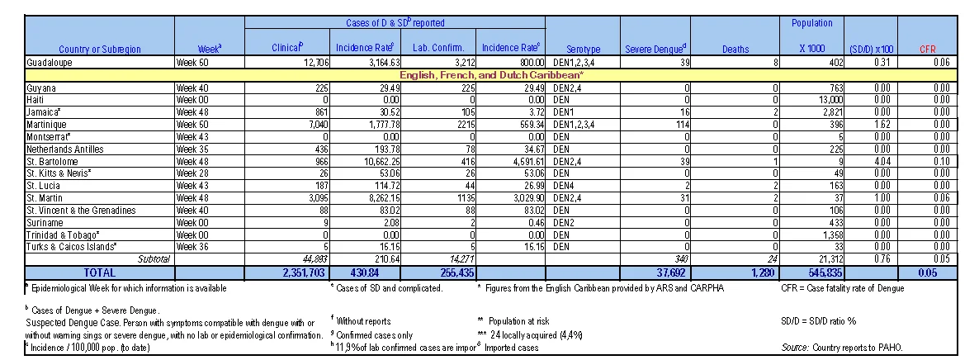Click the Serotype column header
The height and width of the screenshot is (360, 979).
tap(583, 49)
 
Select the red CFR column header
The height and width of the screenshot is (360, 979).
tap(927, 49)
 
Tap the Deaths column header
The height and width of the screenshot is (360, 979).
tap(735, 49)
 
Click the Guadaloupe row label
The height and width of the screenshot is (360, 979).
tap(50, 63)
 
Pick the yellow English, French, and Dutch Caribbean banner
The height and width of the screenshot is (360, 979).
tap(490, 74)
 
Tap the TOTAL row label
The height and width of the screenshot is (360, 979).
tap(99, 272)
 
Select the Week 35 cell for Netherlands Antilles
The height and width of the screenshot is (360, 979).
tap(192, 149)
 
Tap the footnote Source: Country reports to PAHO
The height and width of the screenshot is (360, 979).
tap(842, 348)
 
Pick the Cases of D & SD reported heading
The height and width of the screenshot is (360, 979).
tap(395, 23)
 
